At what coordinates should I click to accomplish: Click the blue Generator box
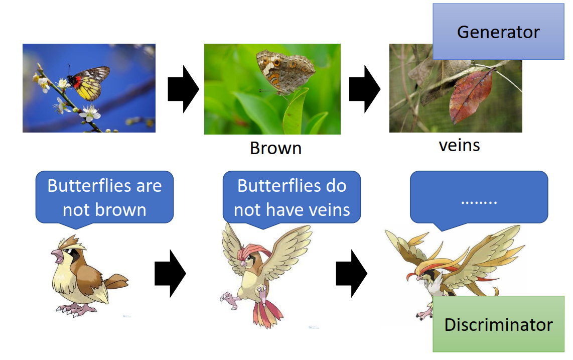[x=498, y=32]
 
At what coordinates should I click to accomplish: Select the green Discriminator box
[x=498, y=324]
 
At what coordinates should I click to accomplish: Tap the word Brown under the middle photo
[x=275, y=148]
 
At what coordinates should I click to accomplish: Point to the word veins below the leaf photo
[x=459, y=146]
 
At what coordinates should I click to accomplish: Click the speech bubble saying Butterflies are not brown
[x=104, y=197]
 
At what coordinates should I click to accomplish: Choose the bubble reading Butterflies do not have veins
[x=292, y=197]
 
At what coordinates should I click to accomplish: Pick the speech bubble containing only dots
[x=479, y=198]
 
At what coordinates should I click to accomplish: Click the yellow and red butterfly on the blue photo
[x=89, y=83]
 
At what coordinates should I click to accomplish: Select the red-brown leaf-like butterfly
[x=471, y=96]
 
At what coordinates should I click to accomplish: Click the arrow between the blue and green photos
[x=184, y=89]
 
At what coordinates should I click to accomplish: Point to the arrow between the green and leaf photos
[x=365, y=89]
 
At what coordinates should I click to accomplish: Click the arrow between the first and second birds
[x=170, y=273]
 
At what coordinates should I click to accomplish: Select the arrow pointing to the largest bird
[x=352, y=273]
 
